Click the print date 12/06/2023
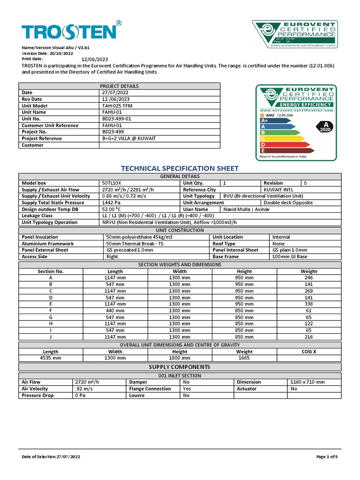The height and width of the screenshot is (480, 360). click(x=95, y=60)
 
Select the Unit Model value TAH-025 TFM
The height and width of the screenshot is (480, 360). click(x=117, y=106)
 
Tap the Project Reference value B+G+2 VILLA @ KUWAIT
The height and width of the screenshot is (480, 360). click(x=128, y=139)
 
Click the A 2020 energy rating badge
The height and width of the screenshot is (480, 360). click(x=325, y=127)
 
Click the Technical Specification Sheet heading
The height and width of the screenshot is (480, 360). click(x=180, y=168)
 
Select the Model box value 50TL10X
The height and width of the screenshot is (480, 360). click(x=112, y=183)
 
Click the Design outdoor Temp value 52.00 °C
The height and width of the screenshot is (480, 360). click(x=112, y=209)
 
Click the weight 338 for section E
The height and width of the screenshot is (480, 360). click(x=309, y=304)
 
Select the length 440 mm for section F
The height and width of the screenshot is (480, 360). click(x=115, y=310)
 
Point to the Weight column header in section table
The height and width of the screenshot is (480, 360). click(x=309, y=271)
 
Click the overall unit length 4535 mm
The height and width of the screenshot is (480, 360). click(x=51, y=358)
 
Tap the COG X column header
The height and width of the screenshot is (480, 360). click(x=309, y=352)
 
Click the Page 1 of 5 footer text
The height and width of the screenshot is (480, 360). click(x=327, y=457)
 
